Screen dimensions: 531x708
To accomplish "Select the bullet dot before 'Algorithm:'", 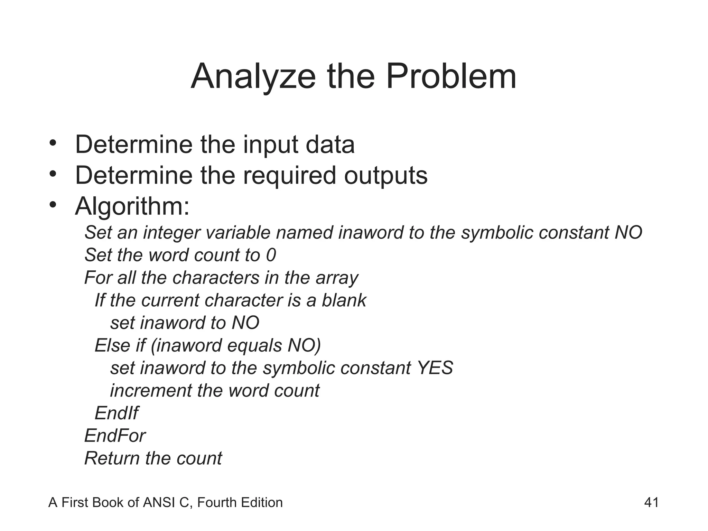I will (53, 205).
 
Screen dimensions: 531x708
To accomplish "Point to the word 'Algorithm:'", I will (132, 207).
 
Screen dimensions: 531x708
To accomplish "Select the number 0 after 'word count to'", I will (271, 255).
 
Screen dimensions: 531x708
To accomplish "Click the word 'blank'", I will (344, 300).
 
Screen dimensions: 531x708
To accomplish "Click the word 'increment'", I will (151, 391).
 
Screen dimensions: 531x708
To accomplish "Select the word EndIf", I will (117, 413).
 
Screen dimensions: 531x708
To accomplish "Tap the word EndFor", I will (115, 436).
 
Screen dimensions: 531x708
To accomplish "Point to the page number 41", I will (651, 503).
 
